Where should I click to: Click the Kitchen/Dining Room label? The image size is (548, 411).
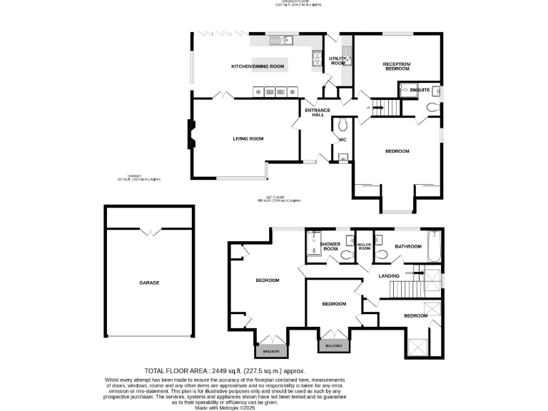click(258, 66)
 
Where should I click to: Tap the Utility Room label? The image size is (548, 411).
click(338, 61)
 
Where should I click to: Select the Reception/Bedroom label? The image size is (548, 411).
click(396, 66)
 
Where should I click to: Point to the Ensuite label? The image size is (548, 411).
click(420, 90)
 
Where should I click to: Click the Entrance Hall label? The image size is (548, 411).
click(318, 112)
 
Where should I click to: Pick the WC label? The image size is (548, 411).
click(342, 140)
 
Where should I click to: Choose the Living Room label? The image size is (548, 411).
click(248, 138)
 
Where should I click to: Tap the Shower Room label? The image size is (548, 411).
click(330, 246)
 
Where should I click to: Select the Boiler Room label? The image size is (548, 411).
click(365, 246)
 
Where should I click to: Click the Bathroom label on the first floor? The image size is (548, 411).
click(410, 246)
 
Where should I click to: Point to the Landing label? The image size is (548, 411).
click(389, 275)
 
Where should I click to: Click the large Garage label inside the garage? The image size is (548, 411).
click(149, 283)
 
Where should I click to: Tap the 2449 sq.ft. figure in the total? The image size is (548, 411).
click(225, 371)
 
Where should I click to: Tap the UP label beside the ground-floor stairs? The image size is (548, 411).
click(368, 108)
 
